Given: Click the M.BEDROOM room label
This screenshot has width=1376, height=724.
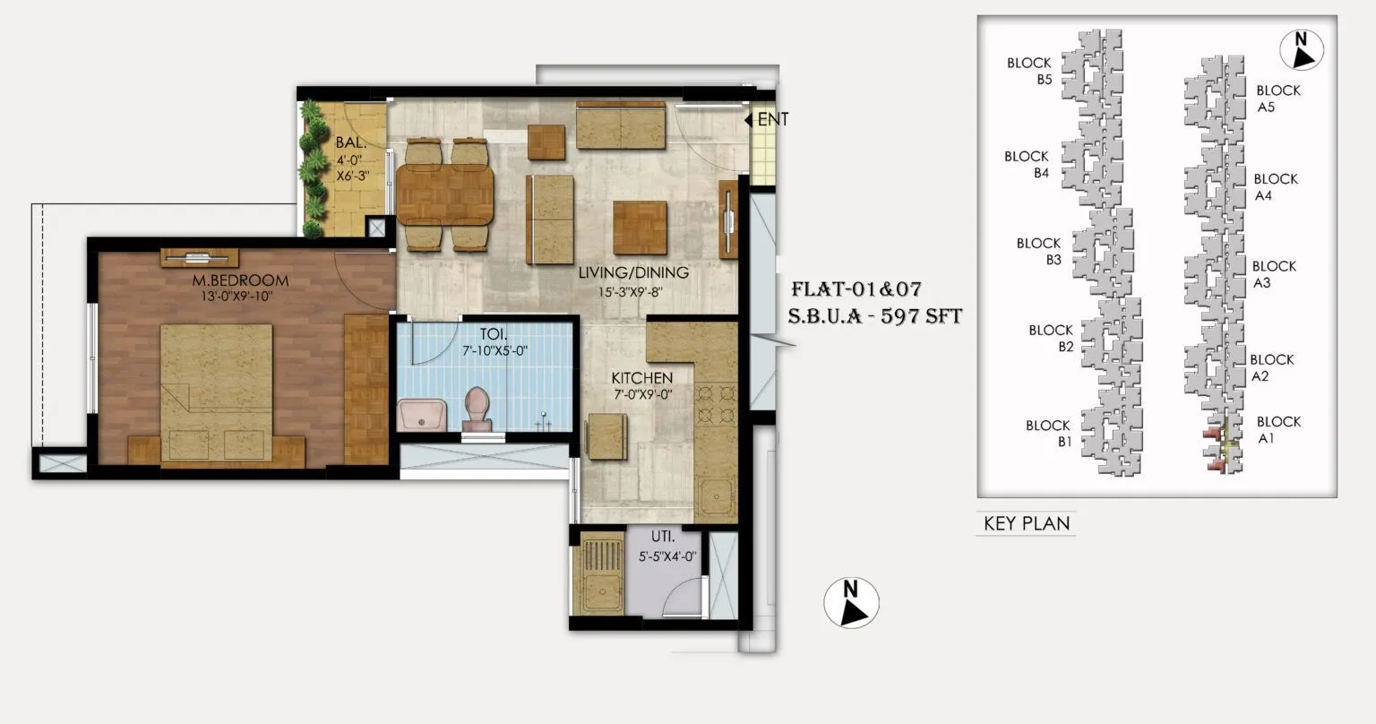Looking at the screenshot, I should pos(240,280).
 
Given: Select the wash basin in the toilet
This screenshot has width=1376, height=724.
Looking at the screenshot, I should pos(422,416).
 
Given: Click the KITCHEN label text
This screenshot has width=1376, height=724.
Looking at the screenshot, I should pos(641,378).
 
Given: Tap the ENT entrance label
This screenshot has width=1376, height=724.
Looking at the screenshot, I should pos(773,119).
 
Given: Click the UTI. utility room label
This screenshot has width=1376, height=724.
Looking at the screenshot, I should pos(663,539).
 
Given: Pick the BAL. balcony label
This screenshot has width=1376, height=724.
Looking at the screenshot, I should pos(349,142).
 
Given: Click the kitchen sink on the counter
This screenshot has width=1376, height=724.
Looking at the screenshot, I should pos(717,496).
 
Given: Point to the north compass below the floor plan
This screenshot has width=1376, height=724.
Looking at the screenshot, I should pos(851,602).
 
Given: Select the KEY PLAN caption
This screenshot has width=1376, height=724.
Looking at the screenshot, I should pos(1027,523).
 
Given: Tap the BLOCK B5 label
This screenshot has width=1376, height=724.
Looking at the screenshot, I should pos(1029,71).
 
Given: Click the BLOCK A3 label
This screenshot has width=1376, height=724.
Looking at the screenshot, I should pos(1274,274).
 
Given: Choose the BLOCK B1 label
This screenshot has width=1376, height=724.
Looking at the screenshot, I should pos(1048,434).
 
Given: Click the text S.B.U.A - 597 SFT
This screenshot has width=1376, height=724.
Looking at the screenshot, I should pos(874,316).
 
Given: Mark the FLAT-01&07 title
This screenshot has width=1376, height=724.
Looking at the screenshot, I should pos(856,289).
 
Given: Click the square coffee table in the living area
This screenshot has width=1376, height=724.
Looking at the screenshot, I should pos(640,227).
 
